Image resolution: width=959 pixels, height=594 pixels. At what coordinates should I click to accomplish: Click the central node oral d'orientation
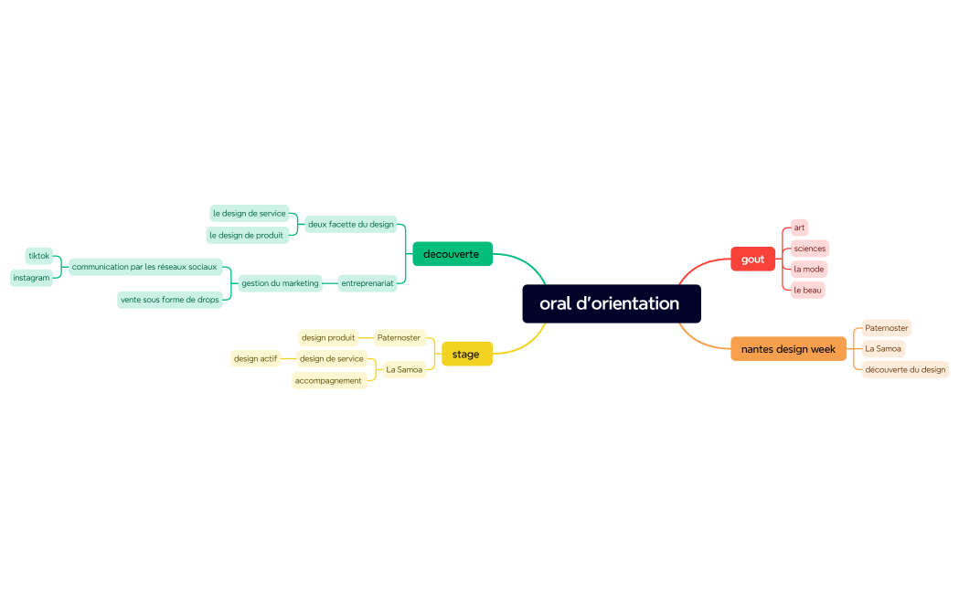tap(611, 303)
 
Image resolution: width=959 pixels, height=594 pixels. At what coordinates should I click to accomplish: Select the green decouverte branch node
tap(452, 254)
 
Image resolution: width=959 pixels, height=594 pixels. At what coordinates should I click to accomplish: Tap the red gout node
tap(752, 260)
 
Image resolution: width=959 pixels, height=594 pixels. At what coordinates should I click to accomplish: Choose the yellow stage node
tap(466, 354)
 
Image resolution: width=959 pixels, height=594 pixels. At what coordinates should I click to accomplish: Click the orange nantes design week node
tap(788, 349)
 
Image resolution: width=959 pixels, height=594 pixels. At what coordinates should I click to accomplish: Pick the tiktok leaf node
tap(38, 256)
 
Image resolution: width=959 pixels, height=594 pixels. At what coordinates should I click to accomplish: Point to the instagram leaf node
tap(31, 278)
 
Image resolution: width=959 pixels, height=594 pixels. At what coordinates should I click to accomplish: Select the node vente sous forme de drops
tap(170, 300)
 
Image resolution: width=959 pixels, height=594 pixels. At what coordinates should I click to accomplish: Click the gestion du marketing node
tap(280, 283)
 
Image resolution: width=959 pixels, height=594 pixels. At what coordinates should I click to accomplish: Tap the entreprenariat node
tap(368, 283)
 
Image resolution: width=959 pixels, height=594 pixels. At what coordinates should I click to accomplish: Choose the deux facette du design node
tap(351, 224)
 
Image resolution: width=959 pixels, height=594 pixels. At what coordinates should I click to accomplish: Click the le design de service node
tap(249, 214)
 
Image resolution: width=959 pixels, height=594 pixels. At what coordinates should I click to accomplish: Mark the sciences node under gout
tap(810, 249)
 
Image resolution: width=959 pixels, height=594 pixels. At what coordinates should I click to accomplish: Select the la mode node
tap(809, 270)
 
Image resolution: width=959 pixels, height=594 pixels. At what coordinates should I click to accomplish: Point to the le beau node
tap(808, 290)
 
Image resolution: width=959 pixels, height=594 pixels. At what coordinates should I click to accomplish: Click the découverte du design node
tap(905, 369)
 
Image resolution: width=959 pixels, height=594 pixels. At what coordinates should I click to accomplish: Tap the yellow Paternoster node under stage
tap(399, 337)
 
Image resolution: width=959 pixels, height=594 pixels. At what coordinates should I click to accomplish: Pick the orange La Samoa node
tap(883, 348)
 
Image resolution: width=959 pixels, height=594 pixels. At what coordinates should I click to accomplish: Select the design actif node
tap(255, 359)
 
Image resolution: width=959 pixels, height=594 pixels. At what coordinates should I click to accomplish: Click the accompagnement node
tap(328, 380)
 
